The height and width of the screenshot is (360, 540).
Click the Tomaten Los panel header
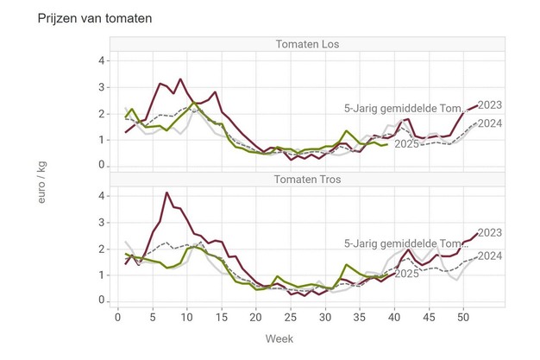point(308,45)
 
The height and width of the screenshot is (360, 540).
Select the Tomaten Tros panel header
point(308,180)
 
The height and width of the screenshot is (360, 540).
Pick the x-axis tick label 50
point(462,316)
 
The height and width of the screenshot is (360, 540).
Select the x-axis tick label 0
point(118,316)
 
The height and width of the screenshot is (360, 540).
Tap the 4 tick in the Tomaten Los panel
point(102,61)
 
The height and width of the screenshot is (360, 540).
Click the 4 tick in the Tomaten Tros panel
point(102,196)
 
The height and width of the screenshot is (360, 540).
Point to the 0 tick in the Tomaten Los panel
point(102,165)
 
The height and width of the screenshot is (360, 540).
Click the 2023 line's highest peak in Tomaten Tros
point(166,193)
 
